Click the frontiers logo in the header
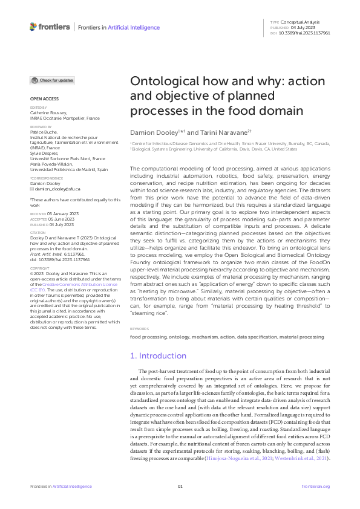point(49,27)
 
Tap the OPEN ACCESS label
point(44,98)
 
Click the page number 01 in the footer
point(180,487)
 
